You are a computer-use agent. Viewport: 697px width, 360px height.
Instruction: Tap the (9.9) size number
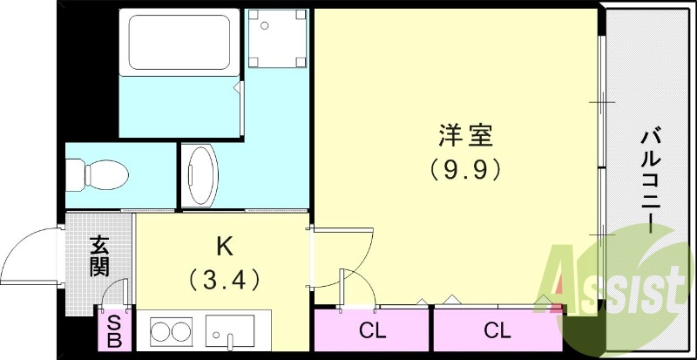coord(465,168)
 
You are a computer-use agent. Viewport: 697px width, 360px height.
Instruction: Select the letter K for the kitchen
coord(224,248)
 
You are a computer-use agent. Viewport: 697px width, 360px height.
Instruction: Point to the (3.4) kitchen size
coord(223,280)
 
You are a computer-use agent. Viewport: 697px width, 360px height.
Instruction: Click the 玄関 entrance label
coord(98,255)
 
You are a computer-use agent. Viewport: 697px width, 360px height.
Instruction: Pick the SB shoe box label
coord(114,331)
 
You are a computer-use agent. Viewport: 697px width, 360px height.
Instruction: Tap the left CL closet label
coord(372,330)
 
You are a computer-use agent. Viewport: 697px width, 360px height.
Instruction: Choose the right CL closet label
coord(497,330)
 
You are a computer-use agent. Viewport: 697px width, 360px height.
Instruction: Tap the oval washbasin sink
coord(203,174)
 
